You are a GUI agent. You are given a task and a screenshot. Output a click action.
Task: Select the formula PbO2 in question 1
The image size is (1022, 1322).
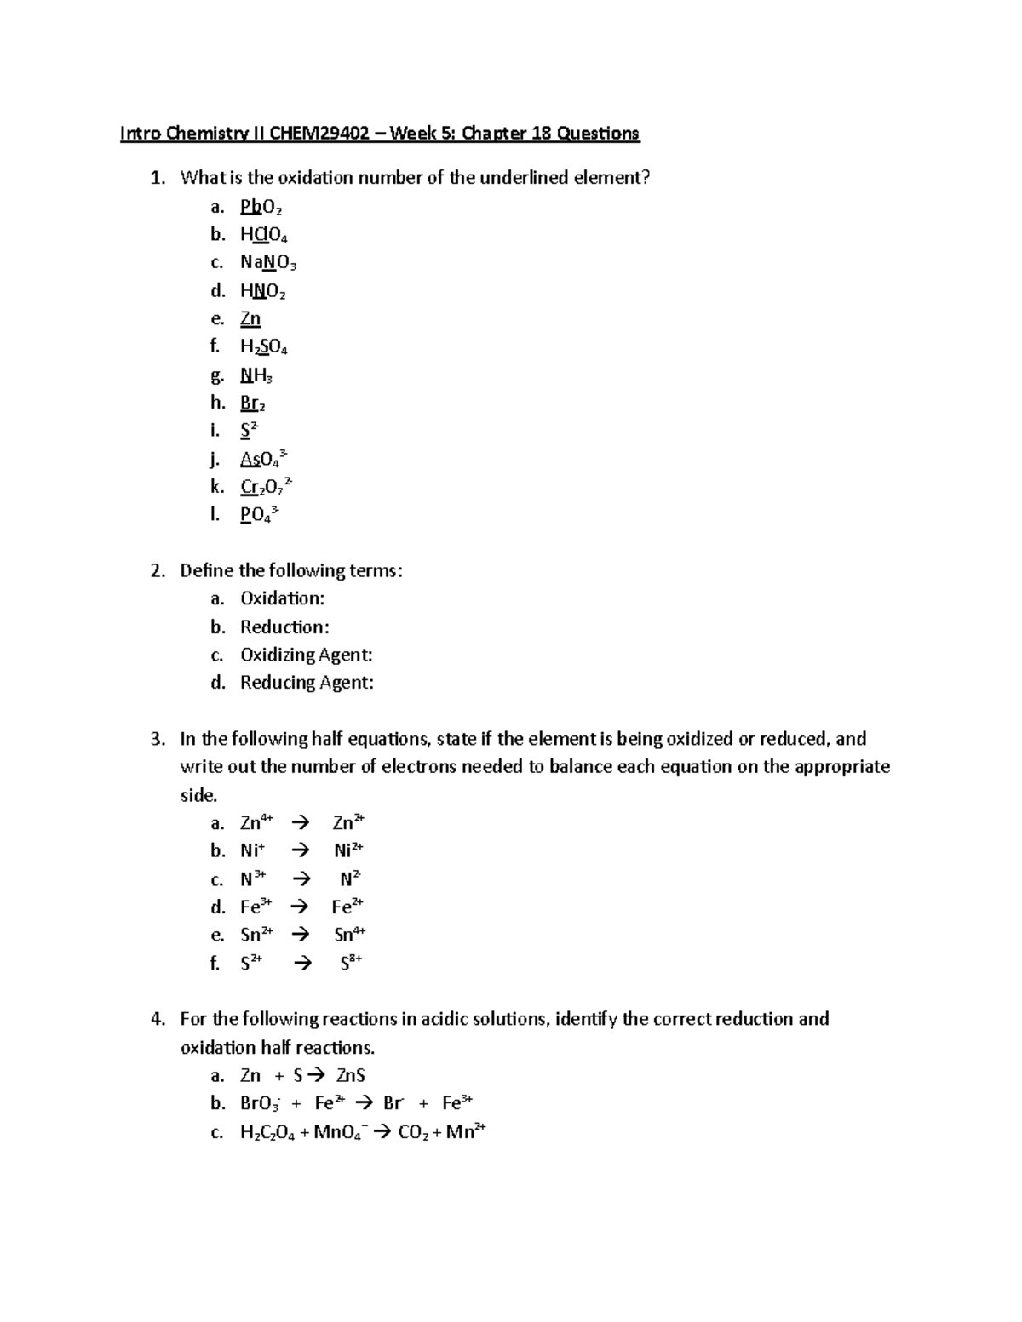[x=261, y=207]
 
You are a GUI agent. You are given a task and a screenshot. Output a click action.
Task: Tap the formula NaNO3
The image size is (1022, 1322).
[x=267, y=262]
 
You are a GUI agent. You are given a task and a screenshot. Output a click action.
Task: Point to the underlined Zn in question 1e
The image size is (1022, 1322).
[x=250, y=318]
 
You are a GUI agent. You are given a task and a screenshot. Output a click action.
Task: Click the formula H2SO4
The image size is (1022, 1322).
[x=263, y=346]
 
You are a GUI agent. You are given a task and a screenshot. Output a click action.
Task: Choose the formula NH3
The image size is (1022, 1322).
[x=255, y=375]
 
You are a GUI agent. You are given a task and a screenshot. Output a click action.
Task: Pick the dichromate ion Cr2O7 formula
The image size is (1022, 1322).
[x=267, y=486]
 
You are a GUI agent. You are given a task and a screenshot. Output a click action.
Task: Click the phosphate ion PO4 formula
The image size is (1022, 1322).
[x=259, y=514]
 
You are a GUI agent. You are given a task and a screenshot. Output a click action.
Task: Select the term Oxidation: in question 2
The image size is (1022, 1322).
[x=282, y=598]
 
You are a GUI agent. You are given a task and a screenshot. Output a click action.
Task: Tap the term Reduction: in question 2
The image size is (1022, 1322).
[x=284, y=627]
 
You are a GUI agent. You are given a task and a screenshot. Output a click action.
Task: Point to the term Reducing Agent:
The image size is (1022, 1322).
[x=307, y=682]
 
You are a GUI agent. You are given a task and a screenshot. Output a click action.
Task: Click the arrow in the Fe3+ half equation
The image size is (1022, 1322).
[x=300, y=907]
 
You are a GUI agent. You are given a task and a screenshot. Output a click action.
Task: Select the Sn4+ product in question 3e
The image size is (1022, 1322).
[x=349, y=935]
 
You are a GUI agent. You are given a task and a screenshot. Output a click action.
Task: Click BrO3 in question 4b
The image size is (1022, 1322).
[x=260, y=1103]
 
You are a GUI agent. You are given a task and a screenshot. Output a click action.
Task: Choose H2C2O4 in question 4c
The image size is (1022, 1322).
[x=267, y=1132]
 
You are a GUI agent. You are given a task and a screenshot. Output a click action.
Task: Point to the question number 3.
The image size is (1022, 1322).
[x=158, y=739]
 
